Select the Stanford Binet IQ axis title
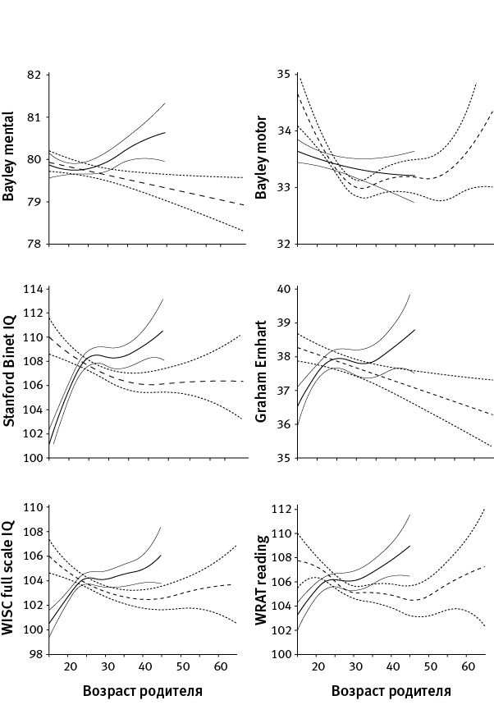[11, 373]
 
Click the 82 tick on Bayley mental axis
[34, 75]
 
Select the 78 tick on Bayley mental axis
[34, 245]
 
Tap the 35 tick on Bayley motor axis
[283, 75]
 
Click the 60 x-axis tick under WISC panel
[220, 666]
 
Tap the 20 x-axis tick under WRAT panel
[319, 666]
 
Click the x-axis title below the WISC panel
[143, 691]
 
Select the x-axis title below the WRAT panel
[391, 691]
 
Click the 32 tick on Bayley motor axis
[283, 245]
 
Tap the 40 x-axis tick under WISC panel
[145, 666]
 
